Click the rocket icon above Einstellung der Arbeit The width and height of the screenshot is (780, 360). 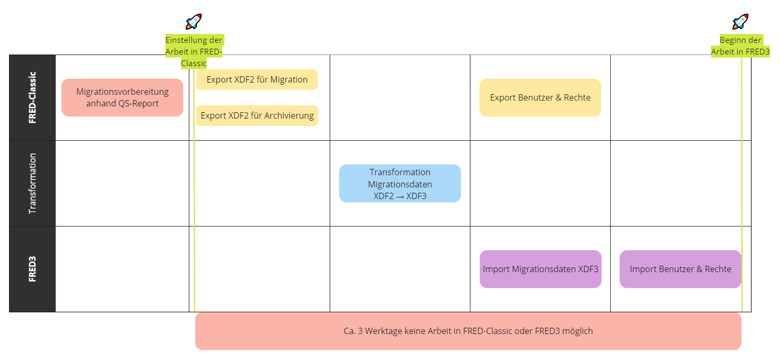coord(194,22)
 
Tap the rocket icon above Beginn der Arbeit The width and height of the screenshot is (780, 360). coord(740,22)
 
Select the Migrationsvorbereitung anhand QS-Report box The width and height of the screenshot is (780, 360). coord(122,97)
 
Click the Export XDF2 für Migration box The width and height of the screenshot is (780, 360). coord(257,79)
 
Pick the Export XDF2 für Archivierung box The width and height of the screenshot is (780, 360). coord(257,115)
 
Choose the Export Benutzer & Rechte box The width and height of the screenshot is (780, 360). coord(540,97)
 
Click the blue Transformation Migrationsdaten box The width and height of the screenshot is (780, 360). coord(400,183)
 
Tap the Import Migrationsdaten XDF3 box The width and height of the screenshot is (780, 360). coord(540,269)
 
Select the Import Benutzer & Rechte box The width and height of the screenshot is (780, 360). coord(681,269)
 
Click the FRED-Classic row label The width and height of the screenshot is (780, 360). coord(32,97)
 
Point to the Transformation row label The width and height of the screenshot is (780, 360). coord(32,183)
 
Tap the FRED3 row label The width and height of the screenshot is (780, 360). coord(32,269)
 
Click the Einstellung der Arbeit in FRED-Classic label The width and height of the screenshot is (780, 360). coord(194,51)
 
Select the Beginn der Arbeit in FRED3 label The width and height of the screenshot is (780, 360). coord(740,46)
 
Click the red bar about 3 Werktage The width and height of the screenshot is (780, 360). coord(468,331)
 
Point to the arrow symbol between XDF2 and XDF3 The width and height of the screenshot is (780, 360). coord(400,196)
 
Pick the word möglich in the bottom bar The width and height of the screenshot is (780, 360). coord(577,331)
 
